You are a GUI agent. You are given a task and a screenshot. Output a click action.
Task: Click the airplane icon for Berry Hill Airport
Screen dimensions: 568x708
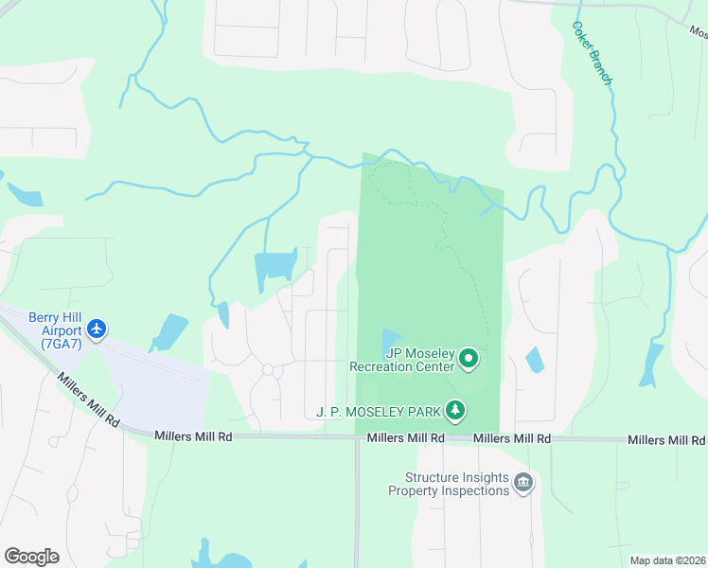click(x=96, y=329)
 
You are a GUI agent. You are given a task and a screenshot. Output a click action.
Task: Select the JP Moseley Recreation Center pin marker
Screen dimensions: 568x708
click(x=469, y=359)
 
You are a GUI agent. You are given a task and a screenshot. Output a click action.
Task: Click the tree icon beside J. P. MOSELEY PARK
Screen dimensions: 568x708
click(x=456, y=410)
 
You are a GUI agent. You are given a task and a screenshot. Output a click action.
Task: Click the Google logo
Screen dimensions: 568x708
click(x=31, y=556)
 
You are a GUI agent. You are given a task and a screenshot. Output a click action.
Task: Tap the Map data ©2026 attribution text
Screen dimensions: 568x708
click(x=667, y=560)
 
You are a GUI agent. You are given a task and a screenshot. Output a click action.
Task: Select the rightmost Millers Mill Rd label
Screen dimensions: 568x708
click(x=666, y=440)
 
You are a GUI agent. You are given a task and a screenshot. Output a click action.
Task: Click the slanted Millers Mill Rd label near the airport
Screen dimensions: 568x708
click(x=87, y=398)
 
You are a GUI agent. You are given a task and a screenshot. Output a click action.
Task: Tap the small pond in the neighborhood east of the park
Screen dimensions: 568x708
click(x=535, y=360)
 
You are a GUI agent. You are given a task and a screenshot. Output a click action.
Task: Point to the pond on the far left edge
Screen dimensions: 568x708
click(x=27, y=195)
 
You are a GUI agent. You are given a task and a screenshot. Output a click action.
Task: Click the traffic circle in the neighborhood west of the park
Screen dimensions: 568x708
click(x=268, y=369)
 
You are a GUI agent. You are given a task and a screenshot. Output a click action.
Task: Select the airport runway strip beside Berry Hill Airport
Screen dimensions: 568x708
click(x=151, y=361)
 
